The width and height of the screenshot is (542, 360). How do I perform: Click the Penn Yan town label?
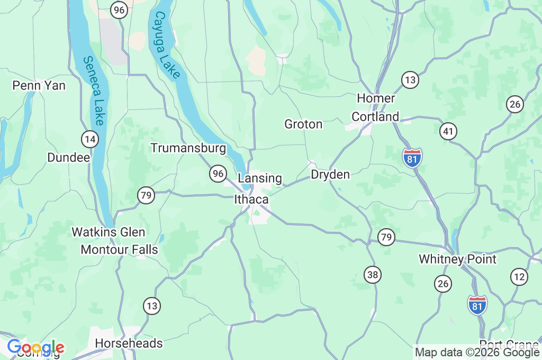tap(39, 85)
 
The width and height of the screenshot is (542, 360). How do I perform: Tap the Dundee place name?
tap(69, 157)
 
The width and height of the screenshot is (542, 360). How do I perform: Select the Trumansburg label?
tap(188, 148)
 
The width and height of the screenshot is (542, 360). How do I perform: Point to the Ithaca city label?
tap(251, 200)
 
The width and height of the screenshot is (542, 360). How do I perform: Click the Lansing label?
tap(260, 178)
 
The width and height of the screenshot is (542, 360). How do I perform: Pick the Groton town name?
tap(303, 124)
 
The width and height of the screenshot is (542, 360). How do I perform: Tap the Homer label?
tap(376, 98)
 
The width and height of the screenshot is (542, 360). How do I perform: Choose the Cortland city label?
tap(375, 116)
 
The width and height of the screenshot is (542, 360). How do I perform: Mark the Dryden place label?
tap(330, 174)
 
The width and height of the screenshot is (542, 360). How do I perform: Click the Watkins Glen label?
tap(109, 232)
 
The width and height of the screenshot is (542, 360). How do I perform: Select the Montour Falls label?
tap(120, 249)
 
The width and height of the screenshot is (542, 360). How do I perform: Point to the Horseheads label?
tap(129, 344)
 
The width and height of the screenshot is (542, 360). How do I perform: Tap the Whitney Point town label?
tap(458, 259)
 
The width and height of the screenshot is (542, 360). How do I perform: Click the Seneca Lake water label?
tap(93, 91)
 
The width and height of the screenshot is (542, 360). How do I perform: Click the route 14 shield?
tap(90, 139)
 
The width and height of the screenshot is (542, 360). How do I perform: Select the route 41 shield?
tap(448, 131)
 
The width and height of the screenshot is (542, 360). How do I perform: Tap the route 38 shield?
tap(373, 274)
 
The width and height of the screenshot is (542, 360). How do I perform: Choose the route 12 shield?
tap(519, 276)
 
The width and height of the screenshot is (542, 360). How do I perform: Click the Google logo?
tap(35, 348)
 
